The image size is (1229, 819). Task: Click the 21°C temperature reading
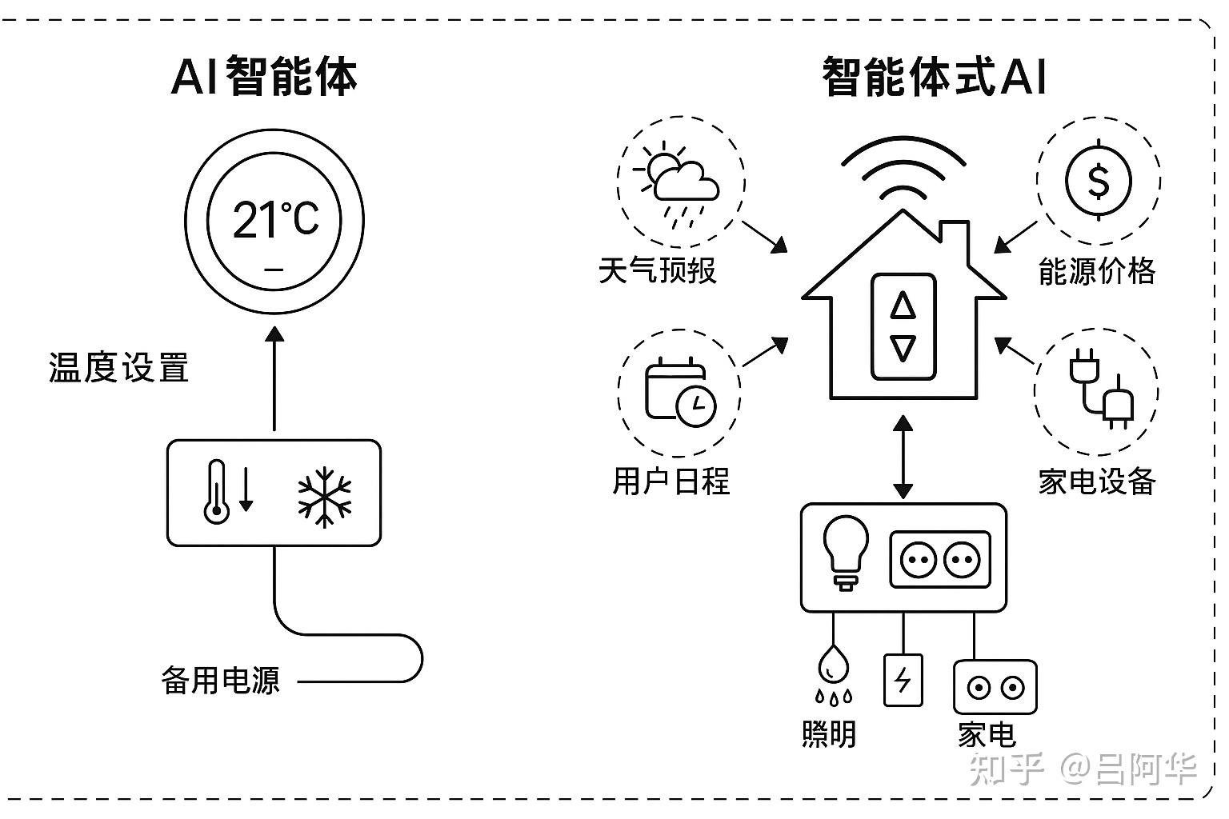[x=275, y=219]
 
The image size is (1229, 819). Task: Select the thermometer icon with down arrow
[x=227, y=492]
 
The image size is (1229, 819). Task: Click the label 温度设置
[x=118, y=369]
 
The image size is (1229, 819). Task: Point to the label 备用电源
[x=221, y=681]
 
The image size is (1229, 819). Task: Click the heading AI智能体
[x=264, y=77]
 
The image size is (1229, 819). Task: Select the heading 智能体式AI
[x=934, y=77]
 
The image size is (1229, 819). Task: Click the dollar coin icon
[x=1099, y=181]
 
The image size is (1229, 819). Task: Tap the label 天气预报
[x=657, y=270]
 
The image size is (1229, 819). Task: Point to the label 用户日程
[x=671, y=481]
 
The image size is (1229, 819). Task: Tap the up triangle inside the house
[x=903, y=306]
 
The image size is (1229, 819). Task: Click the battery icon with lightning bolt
[x=903, y=680]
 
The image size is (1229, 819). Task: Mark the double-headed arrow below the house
[x=903, y=457]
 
